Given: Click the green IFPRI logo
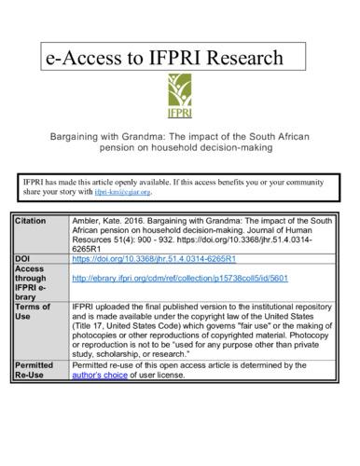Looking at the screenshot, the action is (x=180, y=97).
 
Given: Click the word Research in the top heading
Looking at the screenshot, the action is (x=235, y=58).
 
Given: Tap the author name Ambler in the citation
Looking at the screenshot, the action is (x=87, y=220).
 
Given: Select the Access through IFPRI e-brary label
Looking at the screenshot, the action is (x=35, y=277).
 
